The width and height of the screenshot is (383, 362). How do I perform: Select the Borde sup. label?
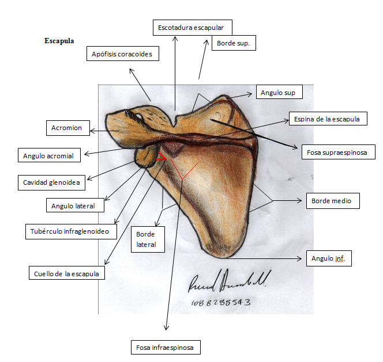pos(234,43)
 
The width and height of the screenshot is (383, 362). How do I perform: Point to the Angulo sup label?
pos(277,93)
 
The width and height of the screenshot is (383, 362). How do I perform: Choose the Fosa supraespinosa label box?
pos(338,152)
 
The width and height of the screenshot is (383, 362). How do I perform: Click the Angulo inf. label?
pos(328,258)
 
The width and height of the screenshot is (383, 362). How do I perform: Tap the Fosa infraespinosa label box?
pos(165,348)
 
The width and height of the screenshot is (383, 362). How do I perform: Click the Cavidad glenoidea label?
pos(51,183)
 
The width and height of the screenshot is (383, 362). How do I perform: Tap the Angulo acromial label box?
pos(50,155)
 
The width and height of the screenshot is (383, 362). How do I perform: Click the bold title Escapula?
pos(59,41)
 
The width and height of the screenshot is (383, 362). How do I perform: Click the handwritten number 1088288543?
pos(222,302)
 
